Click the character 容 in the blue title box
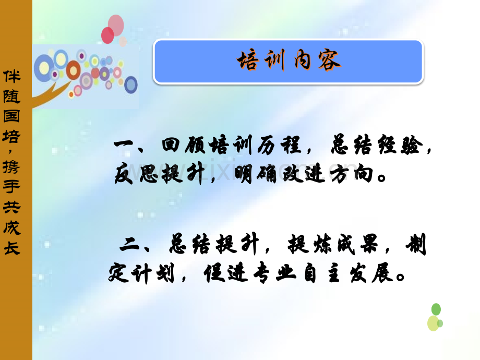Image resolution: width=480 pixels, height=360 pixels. pyautogui.click(x=329, y=61)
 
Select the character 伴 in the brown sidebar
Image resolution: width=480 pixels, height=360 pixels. pyautogui.click(x=11, y=76)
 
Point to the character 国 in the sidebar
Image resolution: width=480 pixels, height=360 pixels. pyautogui.click(x=11, y=116)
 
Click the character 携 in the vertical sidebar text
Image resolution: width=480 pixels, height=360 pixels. pyautogui.click(x=11, y=167)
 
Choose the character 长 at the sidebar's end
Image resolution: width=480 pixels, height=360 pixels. pyautogui.click(x=11, y=248)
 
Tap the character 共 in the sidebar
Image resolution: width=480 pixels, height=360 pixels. pyautogui.click(x=11, y=208)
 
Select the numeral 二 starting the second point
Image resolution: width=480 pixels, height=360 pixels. pyautogui.click(x=129, y=245)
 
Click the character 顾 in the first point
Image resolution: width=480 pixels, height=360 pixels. pyautogui.click(x=195, y=144)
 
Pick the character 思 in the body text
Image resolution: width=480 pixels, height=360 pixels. pyautogui.click(x=149, y=174)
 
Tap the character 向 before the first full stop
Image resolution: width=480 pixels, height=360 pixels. pyautogui.click(x=364, y=174)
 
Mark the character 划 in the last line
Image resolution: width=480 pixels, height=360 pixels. pyautogui.click(x=165, y=272)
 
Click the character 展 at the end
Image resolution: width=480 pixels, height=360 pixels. pyautogui.click(x=382, y=272)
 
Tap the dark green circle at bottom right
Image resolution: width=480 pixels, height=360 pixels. pyautogui.click(x=436, y=309)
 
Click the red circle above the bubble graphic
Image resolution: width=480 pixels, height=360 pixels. pyautogui.click(x=107, y=35)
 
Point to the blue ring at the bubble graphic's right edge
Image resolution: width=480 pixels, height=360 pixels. pyautogui.click(x=131, y=85)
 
